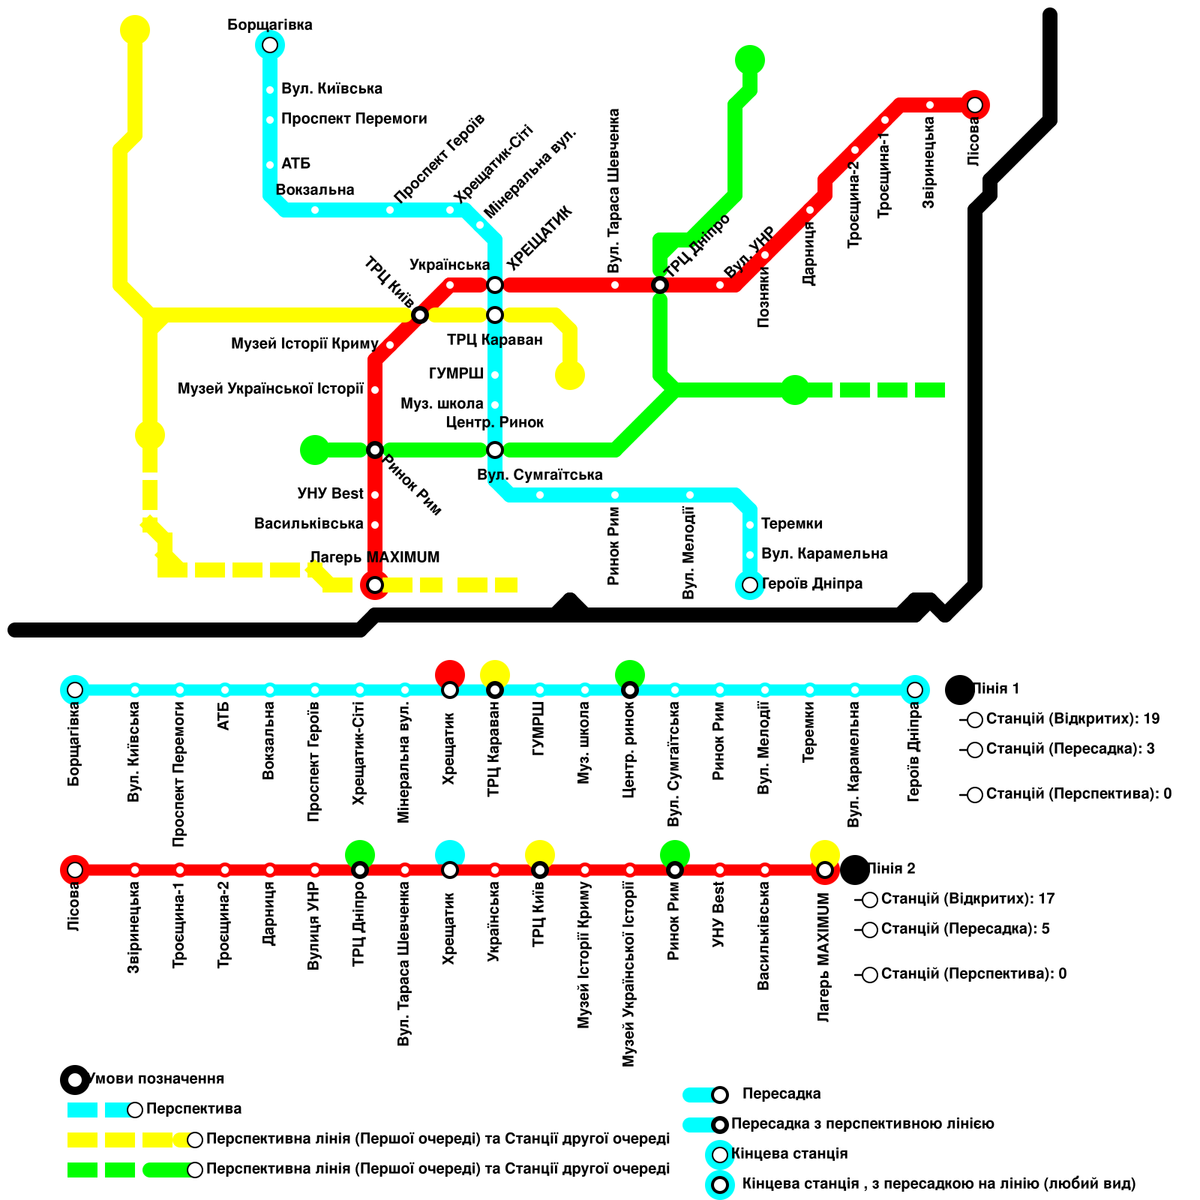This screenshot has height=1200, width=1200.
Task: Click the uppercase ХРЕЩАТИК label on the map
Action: click(x=539, y=238)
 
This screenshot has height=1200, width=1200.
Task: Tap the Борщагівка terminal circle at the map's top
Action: click(x=270, y=45)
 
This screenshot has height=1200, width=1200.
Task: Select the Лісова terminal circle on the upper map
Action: click(x=974, y=105)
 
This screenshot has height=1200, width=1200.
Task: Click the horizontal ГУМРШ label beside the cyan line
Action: click(x=456, y=373)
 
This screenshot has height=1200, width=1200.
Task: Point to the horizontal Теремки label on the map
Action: click(x=791, y=523)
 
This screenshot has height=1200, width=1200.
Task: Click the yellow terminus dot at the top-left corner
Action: click(x=135, y=30)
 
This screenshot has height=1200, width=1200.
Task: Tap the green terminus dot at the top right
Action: click(x=750, y=60)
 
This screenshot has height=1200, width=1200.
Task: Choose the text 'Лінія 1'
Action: click(x=996, y=688)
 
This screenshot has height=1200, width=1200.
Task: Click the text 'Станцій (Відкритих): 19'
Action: click(x=1072, y=718)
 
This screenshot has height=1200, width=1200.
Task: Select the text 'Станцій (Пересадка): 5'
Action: click(x=964, y=928)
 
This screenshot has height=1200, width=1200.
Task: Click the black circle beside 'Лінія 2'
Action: click(x=855, y=870)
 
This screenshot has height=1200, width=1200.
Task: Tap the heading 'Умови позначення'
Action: click(x=156, y=1078)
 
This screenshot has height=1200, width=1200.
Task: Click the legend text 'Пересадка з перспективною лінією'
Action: click(x=862, y=1123)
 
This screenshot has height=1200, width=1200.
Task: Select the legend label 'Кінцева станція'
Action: click(x=789, y=1153)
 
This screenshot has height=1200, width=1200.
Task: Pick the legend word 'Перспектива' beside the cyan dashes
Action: click(x=193, y=1108)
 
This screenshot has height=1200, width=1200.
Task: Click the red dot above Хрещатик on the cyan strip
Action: click(x=450, y=673)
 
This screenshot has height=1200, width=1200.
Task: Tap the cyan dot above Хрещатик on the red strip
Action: click(x=450, y=853)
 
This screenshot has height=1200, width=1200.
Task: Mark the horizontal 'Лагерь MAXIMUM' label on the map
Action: click(x=374, y=557)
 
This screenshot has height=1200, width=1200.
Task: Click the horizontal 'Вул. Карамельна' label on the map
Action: click(x=824, y=553)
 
